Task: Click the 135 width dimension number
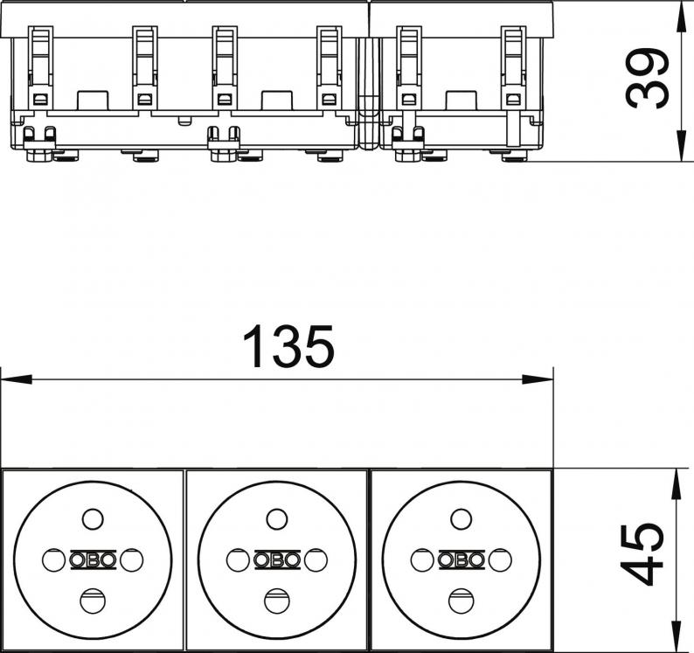point(288,346)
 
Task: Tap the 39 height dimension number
point(647,79)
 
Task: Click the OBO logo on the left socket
point(93,560)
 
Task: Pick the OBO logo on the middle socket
point(277,560)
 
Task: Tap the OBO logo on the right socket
point(462,560)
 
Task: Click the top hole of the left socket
point(93,519)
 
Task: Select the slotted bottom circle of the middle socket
point(276,601)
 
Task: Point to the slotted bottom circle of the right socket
point(461,601)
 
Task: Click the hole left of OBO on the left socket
point(54,560)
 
